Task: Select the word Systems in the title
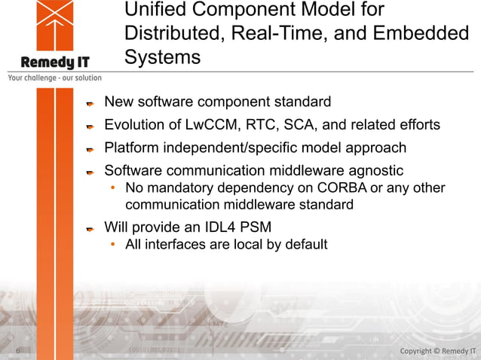pyautogui.click(x=162, y=58)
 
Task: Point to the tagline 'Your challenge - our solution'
pyautogui.click(x=54, y=78)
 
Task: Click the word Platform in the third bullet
pyautogui.click(x=132, y=148)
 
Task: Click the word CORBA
pyautogui.click(x=325, y=188)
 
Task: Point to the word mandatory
pyautogui.click(x=173, y=188)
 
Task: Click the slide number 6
pyautogui.click(x=17, y=351)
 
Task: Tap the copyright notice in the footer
pyautogui.click(x=437, y=351)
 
